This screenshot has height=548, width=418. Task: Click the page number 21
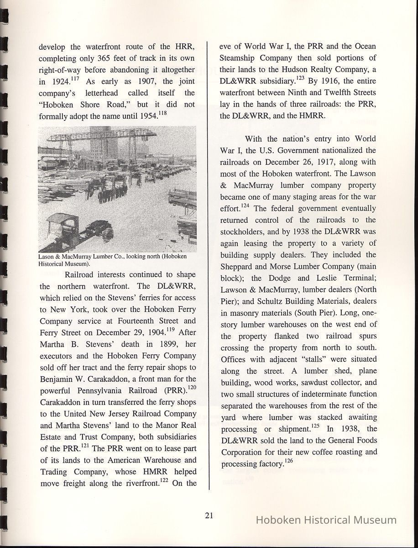(209, 516)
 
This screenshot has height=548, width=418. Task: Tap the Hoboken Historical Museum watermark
(326, 520)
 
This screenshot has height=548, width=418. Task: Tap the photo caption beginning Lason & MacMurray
(112, 260)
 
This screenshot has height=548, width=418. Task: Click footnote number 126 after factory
(288, 462)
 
